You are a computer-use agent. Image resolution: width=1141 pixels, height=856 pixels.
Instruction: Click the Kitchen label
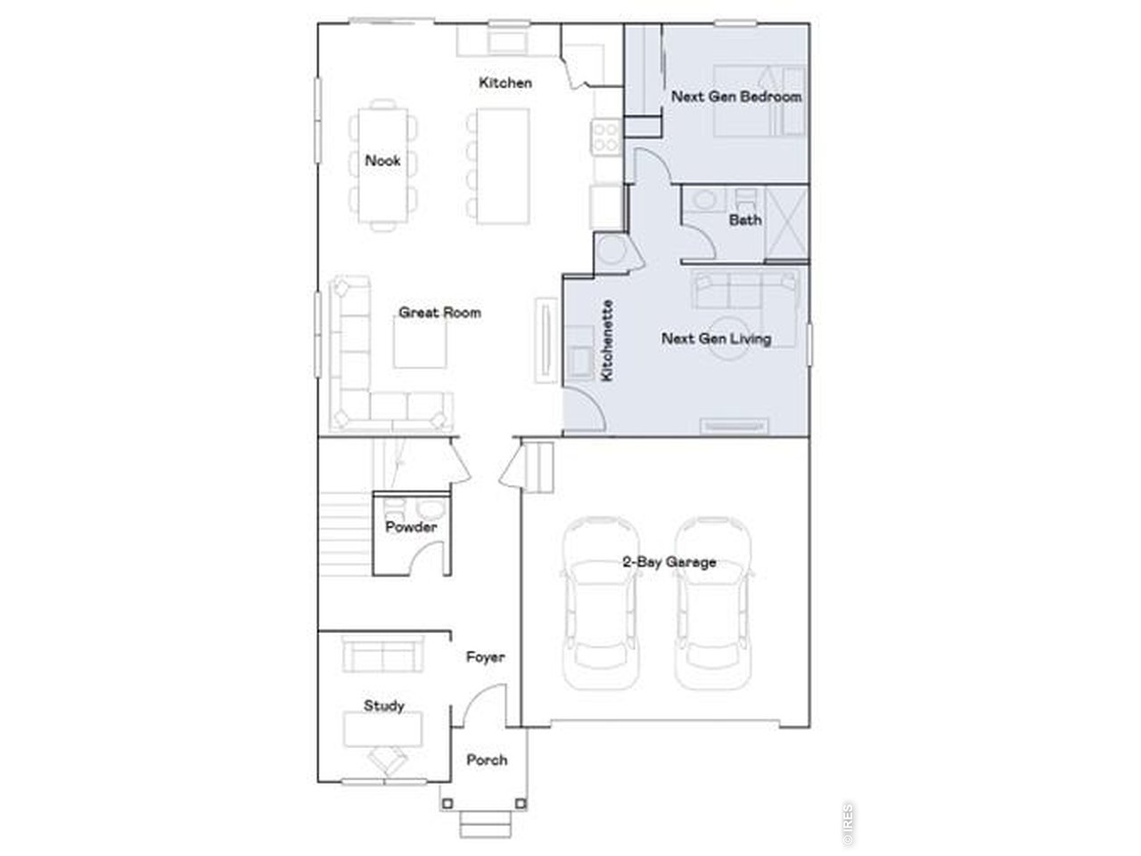505,83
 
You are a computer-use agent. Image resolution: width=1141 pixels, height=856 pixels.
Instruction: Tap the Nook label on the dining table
382,161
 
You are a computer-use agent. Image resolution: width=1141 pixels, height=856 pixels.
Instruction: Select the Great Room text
439,313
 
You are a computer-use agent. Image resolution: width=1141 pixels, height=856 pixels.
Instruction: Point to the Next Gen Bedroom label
736,96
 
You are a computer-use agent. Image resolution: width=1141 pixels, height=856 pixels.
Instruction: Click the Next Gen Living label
716,339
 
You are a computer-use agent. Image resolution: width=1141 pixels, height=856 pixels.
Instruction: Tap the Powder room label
411,527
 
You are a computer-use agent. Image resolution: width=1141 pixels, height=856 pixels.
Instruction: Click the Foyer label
486,657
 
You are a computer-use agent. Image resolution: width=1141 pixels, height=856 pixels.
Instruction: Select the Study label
383,705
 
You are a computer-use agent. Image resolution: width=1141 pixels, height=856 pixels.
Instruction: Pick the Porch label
487,760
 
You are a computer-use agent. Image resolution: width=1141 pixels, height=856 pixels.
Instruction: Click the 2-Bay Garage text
669,562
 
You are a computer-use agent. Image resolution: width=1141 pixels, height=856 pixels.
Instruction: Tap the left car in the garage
598,606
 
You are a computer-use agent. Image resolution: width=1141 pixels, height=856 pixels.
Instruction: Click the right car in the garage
713,606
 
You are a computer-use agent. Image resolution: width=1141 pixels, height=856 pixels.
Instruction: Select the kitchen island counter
502,166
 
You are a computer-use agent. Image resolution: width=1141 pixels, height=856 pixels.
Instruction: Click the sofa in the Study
382,655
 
